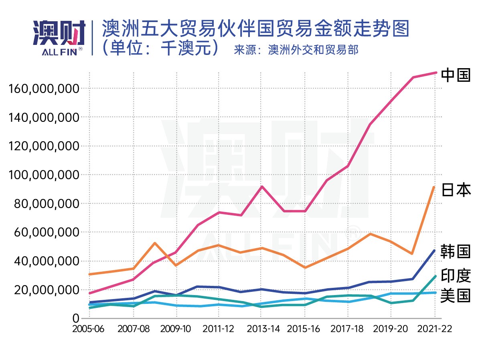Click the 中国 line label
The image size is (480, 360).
(456, 75)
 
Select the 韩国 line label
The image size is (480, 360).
(456, 251)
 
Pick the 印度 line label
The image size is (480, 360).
(456, 276)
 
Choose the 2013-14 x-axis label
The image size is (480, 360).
(263, 329)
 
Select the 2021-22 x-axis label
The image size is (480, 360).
(435, 329)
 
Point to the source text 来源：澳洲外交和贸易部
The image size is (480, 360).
(296, 50)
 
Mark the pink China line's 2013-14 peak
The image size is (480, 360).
(262, 186)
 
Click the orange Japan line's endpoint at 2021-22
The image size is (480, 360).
(435, 187)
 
